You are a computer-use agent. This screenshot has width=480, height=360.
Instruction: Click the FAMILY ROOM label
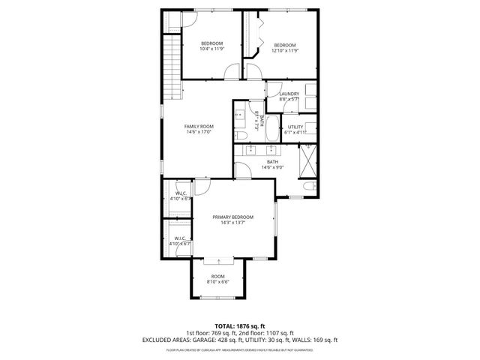tap(199, 126)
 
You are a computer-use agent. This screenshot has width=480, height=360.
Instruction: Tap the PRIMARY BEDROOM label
tap(232, 216)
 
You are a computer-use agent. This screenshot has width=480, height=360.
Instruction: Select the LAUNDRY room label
tap(289, 94)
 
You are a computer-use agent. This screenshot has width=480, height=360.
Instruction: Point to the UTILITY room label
tap(295, 127)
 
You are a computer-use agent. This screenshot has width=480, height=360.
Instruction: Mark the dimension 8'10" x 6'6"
tap(217, 281)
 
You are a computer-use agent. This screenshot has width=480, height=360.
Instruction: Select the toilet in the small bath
tap(241, 136)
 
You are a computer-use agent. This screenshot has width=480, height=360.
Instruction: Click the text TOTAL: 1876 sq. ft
tap(240, 326)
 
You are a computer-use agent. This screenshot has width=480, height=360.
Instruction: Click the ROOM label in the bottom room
tap(217, 276)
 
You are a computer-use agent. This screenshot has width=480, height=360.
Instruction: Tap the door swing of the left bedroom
tap(231, 73)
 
